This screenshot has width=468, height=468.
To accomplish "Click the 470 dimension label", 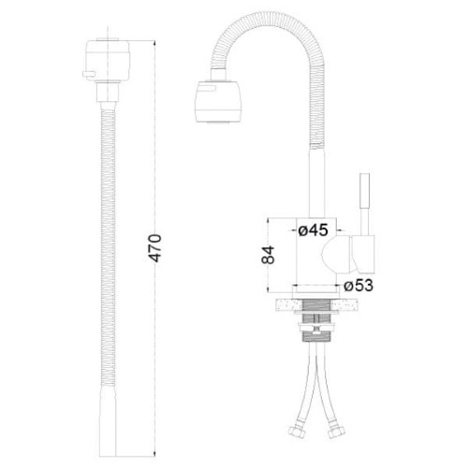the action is point(155,248).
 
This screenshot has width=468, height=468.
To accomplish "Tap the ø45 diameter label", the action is point(313,230).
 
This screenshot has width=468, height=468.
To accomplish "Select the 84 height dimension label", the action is point(268,255).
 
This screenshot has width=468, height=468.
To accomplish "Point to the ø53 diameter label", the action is point(358,285).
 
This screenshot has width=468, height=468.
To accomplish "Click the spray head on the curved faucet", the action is point(218,101).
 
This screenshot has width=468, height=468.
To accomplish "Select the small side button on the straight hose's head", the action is point(88,74).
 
